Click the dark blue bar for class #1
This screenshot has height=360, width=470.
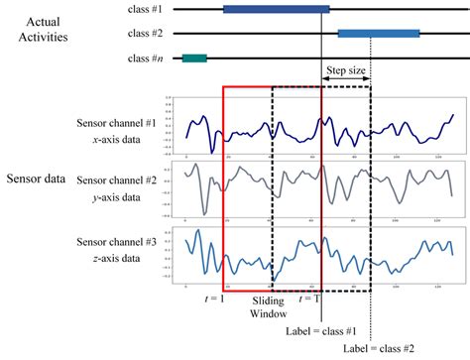point(276,9)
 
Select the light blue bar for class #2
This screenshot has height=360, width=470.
point(379,33)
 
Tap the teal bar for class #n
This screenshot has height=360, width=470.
point(193,59)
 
